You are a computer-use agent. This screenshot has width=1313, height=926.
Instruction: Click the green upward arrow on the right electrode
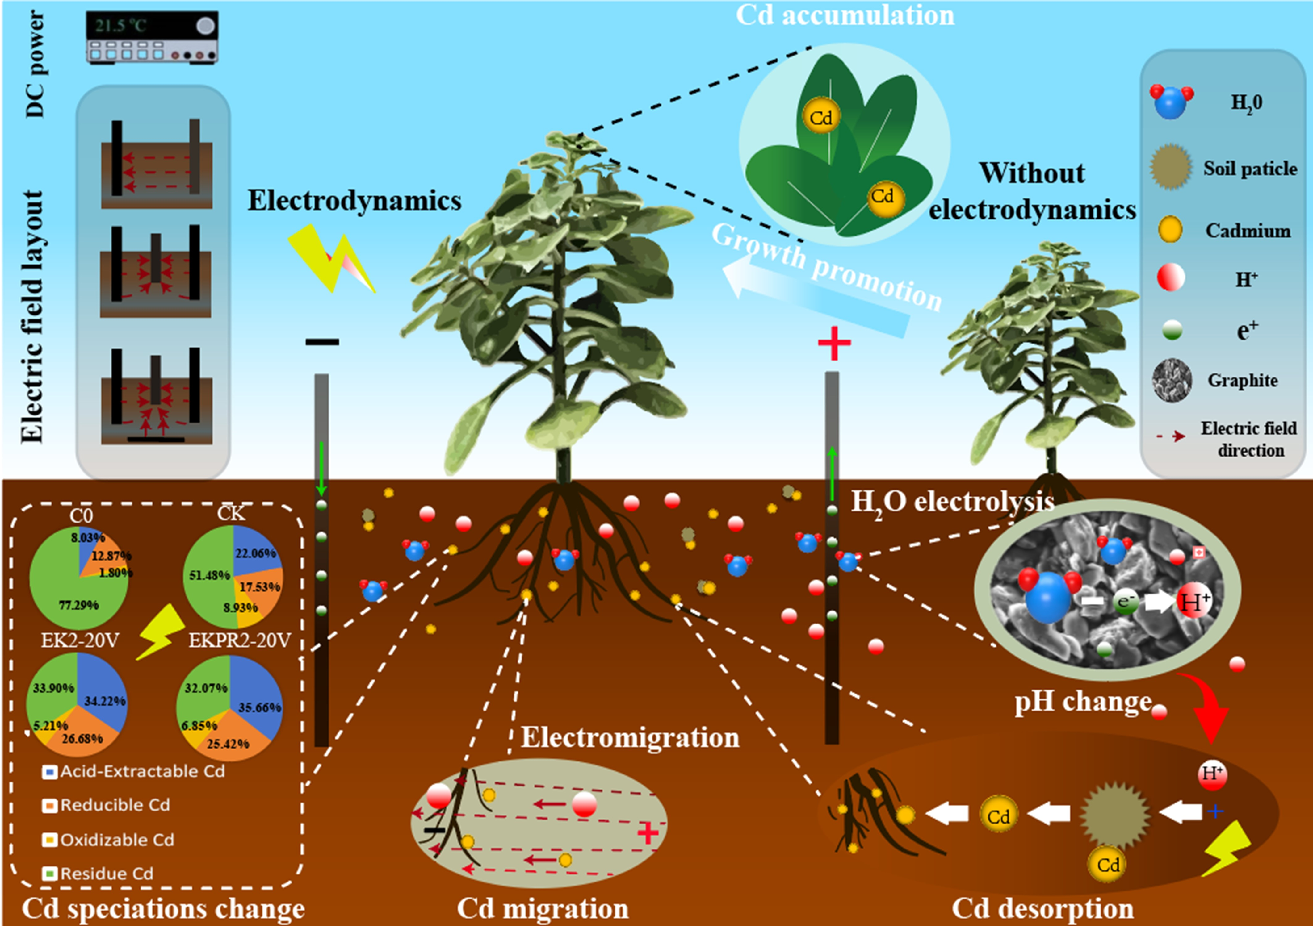(832, 474)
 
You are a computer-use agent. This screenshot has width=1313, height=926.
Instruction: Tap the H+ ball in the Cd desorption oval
(1212, 774)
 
